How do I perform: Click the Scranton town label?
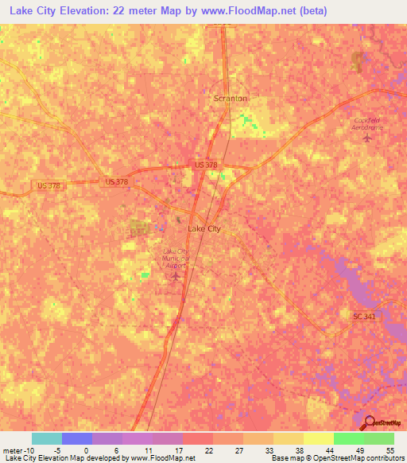[x=231, y=98]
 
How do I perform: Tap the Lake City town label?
[x=203, y=228]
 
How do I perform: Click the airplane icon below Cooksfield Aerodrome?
[x=366, y=138]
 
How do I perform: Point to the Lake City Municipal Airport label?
[x=176, y=260]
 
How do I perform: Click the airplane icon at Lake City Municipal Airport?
[x=177, y=277]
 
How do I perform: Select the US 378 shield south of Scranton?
[x=206, y=165]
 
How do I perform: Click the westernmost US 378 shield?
[x=47, y=185]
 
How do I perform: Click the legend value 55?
[x=390, y=449]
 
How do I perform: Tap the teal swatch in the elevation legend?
[x=46, y=438]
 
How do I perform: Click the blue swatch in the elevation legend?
[x=76, y=438]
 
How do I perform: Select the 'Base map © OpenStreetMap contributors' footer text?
[x=336, y=458]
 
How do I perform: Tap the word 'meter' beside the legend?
[x=13, y=449]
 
